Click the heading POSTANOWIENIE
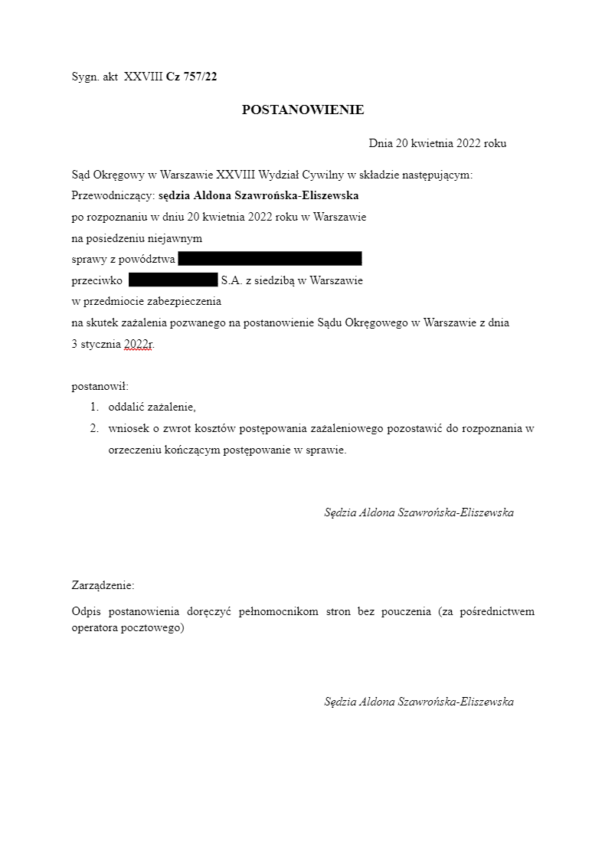tap(303, 110)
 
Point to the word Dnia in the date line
tap(381, 142)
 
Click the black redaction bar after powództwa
tap(270, 259)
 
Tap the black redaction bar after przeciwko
tap(173, 280)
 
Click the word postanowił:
tap(100, 386)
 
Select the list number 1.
tap(94, 407)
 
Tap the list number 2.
tap(94, 428)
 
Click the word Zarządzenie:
tap(103, 585)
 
